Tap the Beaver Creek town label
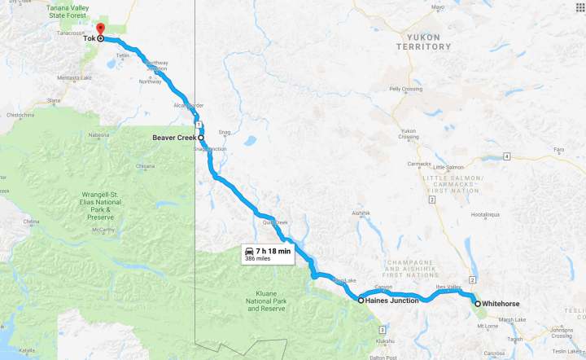(174, 138)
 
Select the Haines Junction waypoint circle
(361, 300)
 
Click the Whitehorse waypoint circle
(477, 304)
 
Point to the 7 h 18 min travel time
(273, 251)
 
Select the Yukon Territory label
(423, 42)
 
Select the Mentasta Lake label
(74, 77)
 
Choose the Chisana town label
(145, 166)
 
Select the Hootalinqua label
(485, 215)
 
